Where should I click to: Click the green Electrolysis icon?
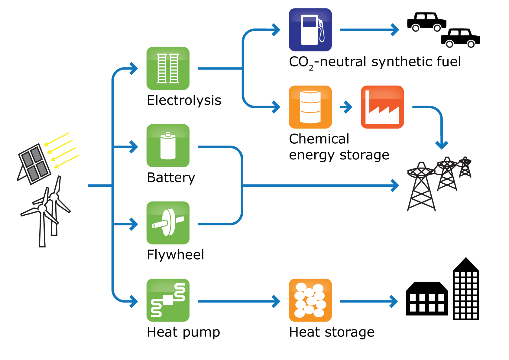168,68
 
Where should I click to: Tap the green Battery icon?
168,146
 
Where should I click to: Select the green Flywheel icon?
168,223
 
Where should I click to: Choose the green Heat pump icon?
168,300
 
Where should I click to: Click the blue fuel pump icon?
310,30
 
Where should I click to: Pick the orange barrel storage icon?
310,107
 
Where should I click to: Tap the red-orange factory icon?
382,107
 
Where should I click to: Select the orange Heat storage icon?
310,300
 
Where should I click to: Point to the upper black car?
427,22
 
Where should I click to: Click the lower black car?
461,38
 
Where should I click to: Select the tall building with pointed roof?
466,289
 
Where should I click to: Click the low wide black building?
427,299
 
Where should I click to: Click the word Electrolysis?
184,100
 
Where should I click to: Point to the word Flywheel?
175,255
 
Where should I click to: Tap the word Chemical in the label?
319,139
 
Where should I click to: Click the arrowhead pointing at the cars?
395,30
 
